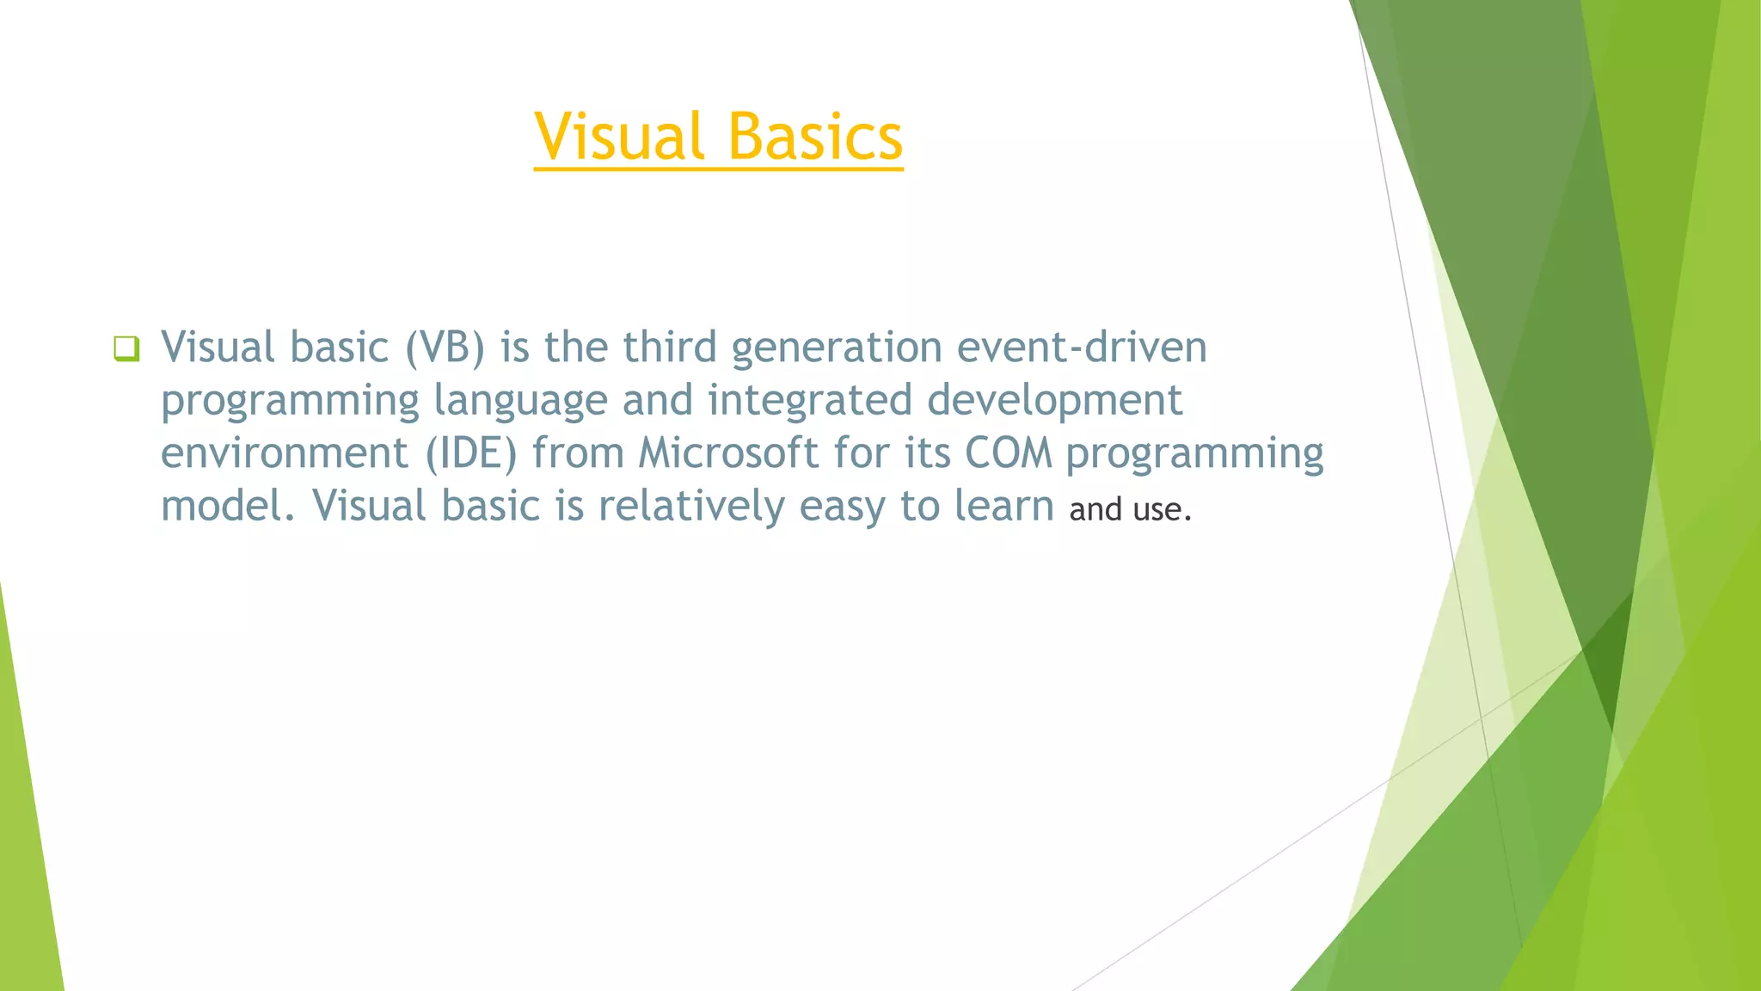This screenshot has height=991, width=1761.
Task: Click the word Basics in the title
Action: [815, 137]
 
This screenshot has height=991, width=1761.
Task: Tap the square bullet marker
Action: [126, 348]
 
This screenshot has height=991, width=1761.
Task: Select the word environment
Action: [284, 453]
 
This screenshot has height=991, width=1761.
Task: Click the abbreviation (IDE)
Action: [471, 453]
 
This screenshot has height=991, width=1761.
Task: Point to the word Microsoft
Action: [727, 453]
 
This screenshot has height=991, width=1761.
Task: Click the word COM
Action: [1008, 453]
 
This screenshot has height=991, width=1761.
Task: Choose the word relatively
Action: [691, 507]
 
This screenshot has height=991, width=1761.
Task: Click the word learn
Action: [1003, 506]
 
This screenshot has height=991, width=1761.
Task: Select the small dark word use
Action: [1157, 510]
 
